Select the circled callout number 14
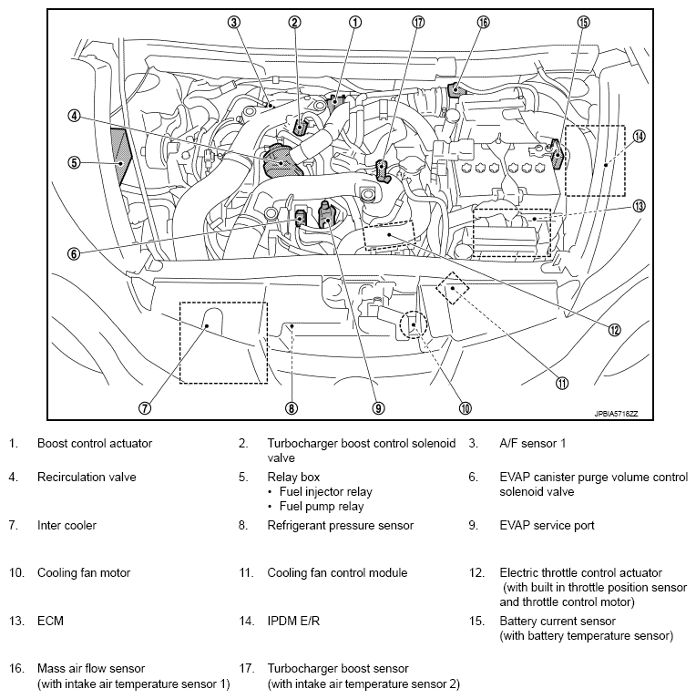[639, 136]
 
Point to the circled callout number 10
[465, 409]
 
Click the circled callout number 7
[144, 409]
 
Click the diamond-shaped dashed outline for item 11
[453, 289]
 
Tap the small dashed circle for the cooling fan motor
[414, 324]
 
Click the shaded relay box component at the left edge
[119, 157]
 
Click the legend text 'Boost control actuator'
[95, 444]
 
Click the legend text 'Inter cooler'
[67, 525]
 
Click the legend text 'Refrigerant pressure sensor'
[340, 525]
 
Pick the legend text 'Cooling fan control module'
[337, 573]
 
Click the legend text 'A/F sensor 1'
[530, 444]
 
